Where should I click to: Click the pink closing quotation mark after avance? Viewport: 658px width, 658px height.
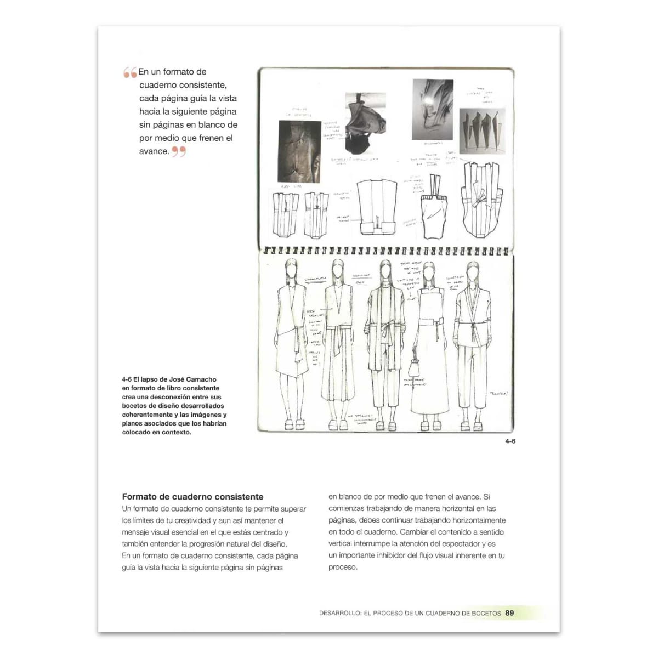179,152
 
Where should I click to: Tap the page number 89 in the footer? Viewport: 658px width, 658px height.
509,613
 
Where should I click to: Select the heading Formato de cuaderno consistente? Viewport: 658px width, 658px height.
192,497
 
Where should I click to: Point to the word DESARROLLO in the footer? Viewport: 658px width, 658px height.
339,613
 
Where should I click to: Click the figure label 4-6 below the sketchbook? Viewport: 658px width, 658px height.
510,441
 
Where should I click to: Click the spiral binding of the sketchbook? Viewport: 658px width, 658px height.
386,251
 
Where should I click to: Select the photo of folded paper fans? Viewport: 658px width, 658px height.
481,128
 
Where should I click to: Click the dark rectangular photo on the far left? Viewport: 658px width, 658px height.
299,151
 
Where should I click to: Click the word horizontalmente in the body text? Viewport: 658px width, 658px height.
472,520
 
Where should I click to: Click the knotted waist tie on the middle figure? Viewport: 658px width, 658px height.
385,331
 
